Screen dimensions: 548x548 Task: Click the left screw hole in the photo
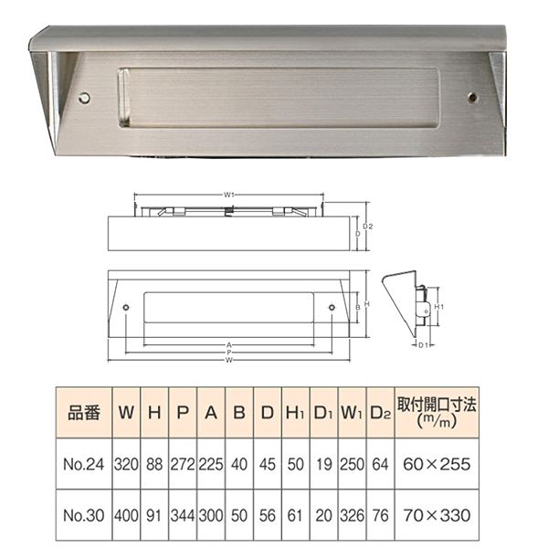click(x=84, y=98)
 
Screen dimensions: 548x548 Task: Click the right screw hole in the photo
click(x=472, y=98)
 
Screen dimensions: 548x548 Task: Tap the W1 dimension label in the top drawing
click(x=229, y=195)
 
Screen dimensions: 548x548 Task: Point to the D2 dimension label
click(x=368, y=227)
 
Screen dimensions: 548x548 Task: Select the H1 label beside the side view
click(x=438, y=307)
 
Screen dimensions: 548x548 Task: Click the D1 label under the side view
click(x=423, y=345)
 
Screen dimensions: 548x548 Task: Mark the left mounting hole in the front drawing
click(x=126, y=308)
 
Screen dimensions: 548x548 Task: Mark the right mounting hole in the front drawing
click(x=332, y=308)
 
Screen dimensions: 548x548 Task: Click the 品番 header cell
click(x=84, y=413)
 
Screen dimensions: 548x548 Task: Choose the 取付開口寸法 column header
click(x=437, y=413)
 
